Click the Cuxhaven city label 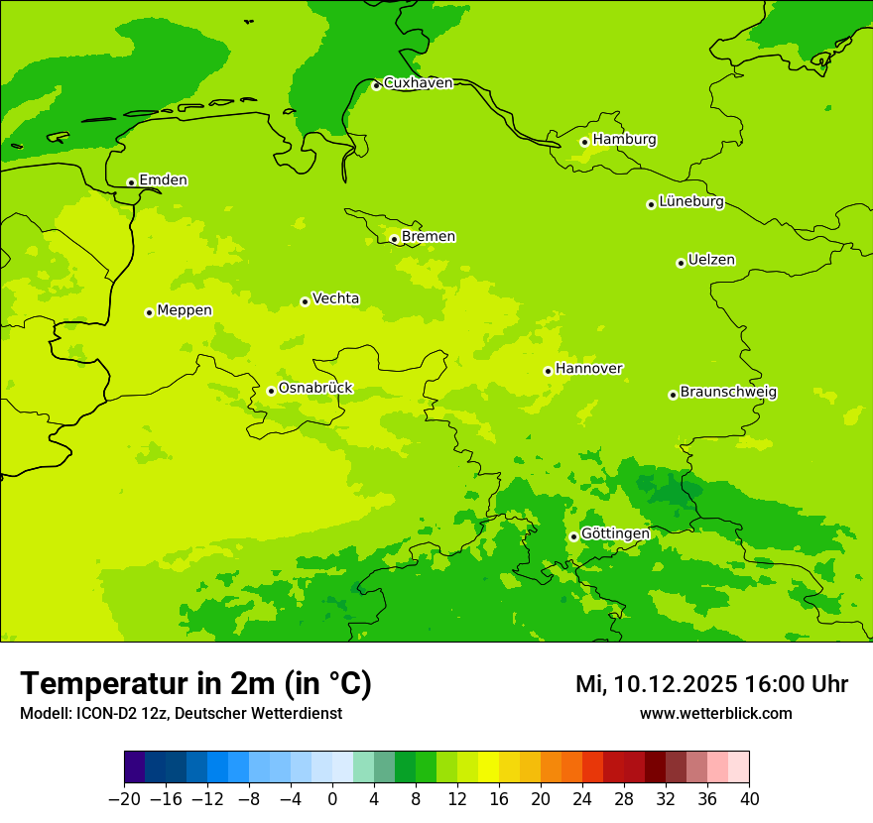(418, 83)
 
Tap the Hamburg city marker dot (585, 142)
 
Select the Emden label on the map (163, 180)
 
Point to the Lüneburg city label (691, 202)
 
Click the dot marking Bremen (394, 239)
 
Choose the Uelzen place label (711, 261)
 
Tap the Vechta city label (335, 298)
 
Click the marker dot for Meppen (149, 312)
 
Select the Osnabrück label (315, 389)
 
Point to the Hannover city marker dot (548, 371)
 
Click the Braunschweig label (728, 393)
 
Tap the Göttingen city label (615, 534)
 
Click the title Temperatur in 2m (195, 683)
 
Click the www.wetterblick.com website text (715, 714)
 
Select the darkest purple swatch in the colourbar (134, 766)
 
